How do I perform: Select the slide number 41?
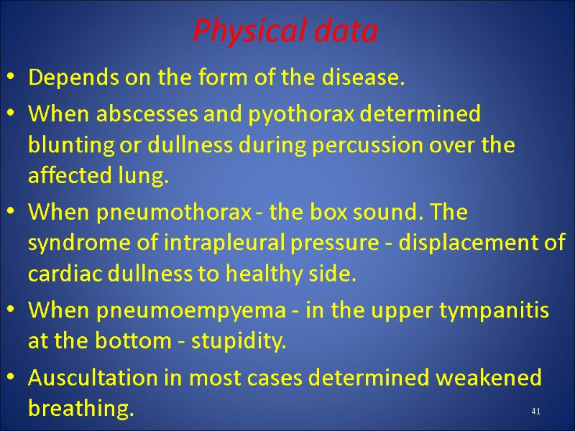coord(535,411)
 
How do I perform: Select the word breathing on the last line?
coord(80,409)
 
